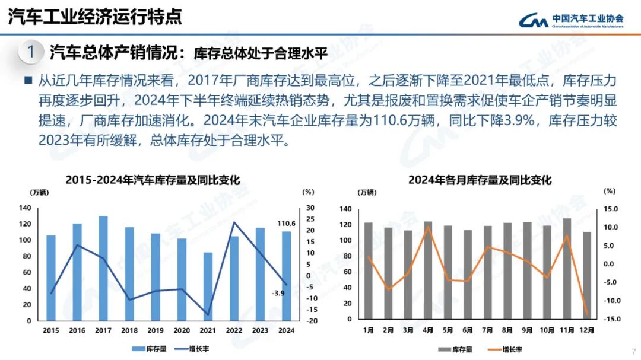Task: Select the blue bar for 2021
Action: point(208,286)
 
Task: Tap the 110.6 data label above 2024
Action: point(286,224)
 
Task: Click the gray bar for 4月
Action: point(428,270)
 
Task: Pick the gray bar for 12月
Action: point(587,276)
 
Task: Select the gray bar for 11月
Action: point(567,269)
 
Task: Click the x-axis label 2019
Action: point(156,330)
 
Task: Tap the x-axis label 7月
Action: point(488,330)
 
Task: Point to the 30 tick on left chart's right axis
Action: point(310,208)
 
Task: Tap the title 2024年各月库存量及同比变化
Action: point(480,180)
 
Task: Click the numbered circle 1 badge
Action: point(30,52)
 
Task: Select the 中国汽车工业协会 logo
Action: point(571,21)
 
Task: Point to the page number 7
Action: point(634,350)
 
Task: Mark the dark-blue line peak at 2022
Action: point(234,222)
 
